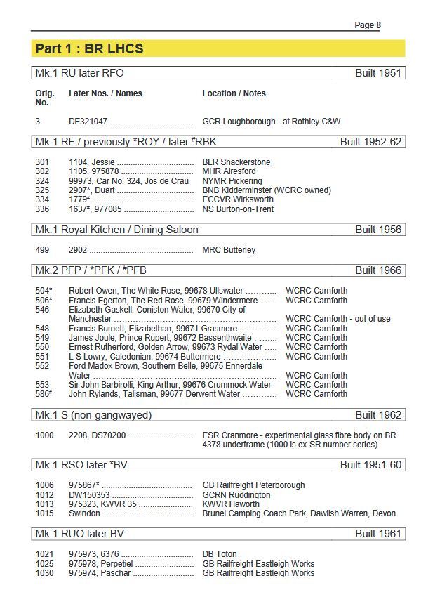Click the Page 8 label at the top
[367, 25]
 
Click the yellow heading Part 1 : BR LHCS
[89, 48]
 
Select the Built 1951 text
[380, 73]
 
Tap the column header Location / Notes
[234, 93]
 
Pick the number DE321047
[88, 122]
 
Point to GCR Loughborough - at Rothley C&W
[271, 122]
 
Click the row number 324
[43, 181]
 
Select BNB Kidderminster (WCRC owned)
[267, 190]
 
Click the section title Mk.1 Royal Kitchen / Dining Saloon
[116, 230]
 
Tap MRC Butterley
[229, 250]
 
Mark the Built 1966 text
[378, 270]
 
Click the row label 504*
[44, 291]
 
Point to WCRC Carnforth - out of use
[338, 319]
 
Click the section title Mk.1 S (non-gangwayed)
[93, 415]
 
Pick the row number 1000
[45, 435]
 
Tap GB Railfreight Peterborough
[253, 485]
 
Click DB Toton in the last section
[220, 554]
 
